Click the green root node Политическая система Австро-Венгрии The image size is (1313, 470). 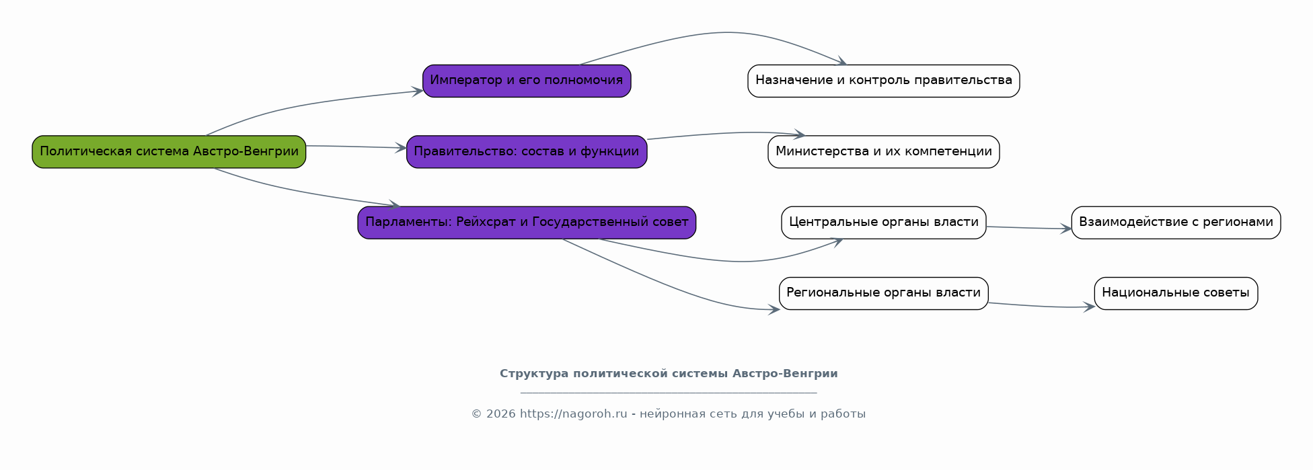169,152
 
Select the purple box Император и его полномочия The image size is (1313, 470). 527,81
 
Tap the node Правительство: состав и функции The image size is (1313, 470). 527,152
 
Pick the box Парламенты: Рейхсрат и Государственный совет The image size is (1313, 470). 527,223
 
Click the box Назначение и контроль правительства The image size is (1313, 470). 884,81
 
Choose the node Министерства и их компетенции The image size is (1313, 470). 884,152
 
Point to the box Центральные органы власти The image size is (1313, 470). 884,223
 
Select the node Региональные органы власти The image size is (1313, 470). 884,294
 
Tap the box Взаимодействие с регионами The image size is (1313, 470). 1176,223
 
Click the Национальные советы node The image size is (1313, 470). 1176,294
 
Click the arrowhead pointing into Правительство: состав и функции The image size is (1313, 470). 402,148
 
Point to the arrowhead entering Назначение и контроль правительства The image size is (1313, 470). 841,62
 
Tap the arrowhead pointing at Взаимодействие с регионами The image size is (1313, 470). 1066,229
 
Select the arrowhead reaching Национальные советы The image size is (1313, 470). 1090,307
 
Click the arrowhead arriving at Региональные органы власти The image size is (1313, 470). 774,310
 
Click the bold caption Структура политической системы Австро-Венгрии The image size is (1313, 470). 669,374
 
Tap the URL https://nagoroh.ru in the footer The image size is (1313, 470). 573,414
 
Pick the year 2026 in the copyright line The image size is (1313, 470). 501,414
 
